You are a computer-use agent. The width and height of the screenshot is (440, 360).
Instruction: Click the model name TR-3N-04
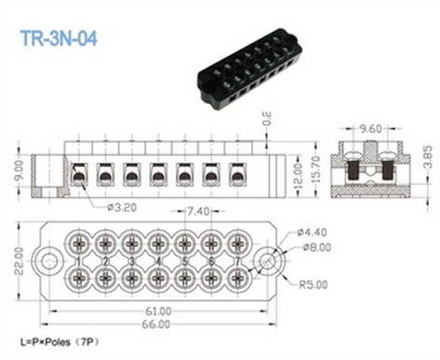pyautogui.click(x=58, y=39)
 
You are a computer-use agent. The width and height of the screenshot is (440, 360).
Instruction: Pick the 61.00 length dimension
pyautogui.click(x=158, y=310)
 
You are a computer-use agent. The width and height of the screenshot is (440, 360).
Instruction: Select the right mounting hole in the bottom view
pyautogui.click(x=271, y=260)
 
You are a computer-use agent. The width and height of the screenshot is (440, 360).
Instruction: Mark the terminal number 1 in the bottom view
pyautogui.click(x=80, y=260)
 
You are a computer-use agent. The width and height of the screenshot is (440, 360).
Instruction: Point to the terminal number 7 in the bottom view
pyautogui.click(x=239, y=260)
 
